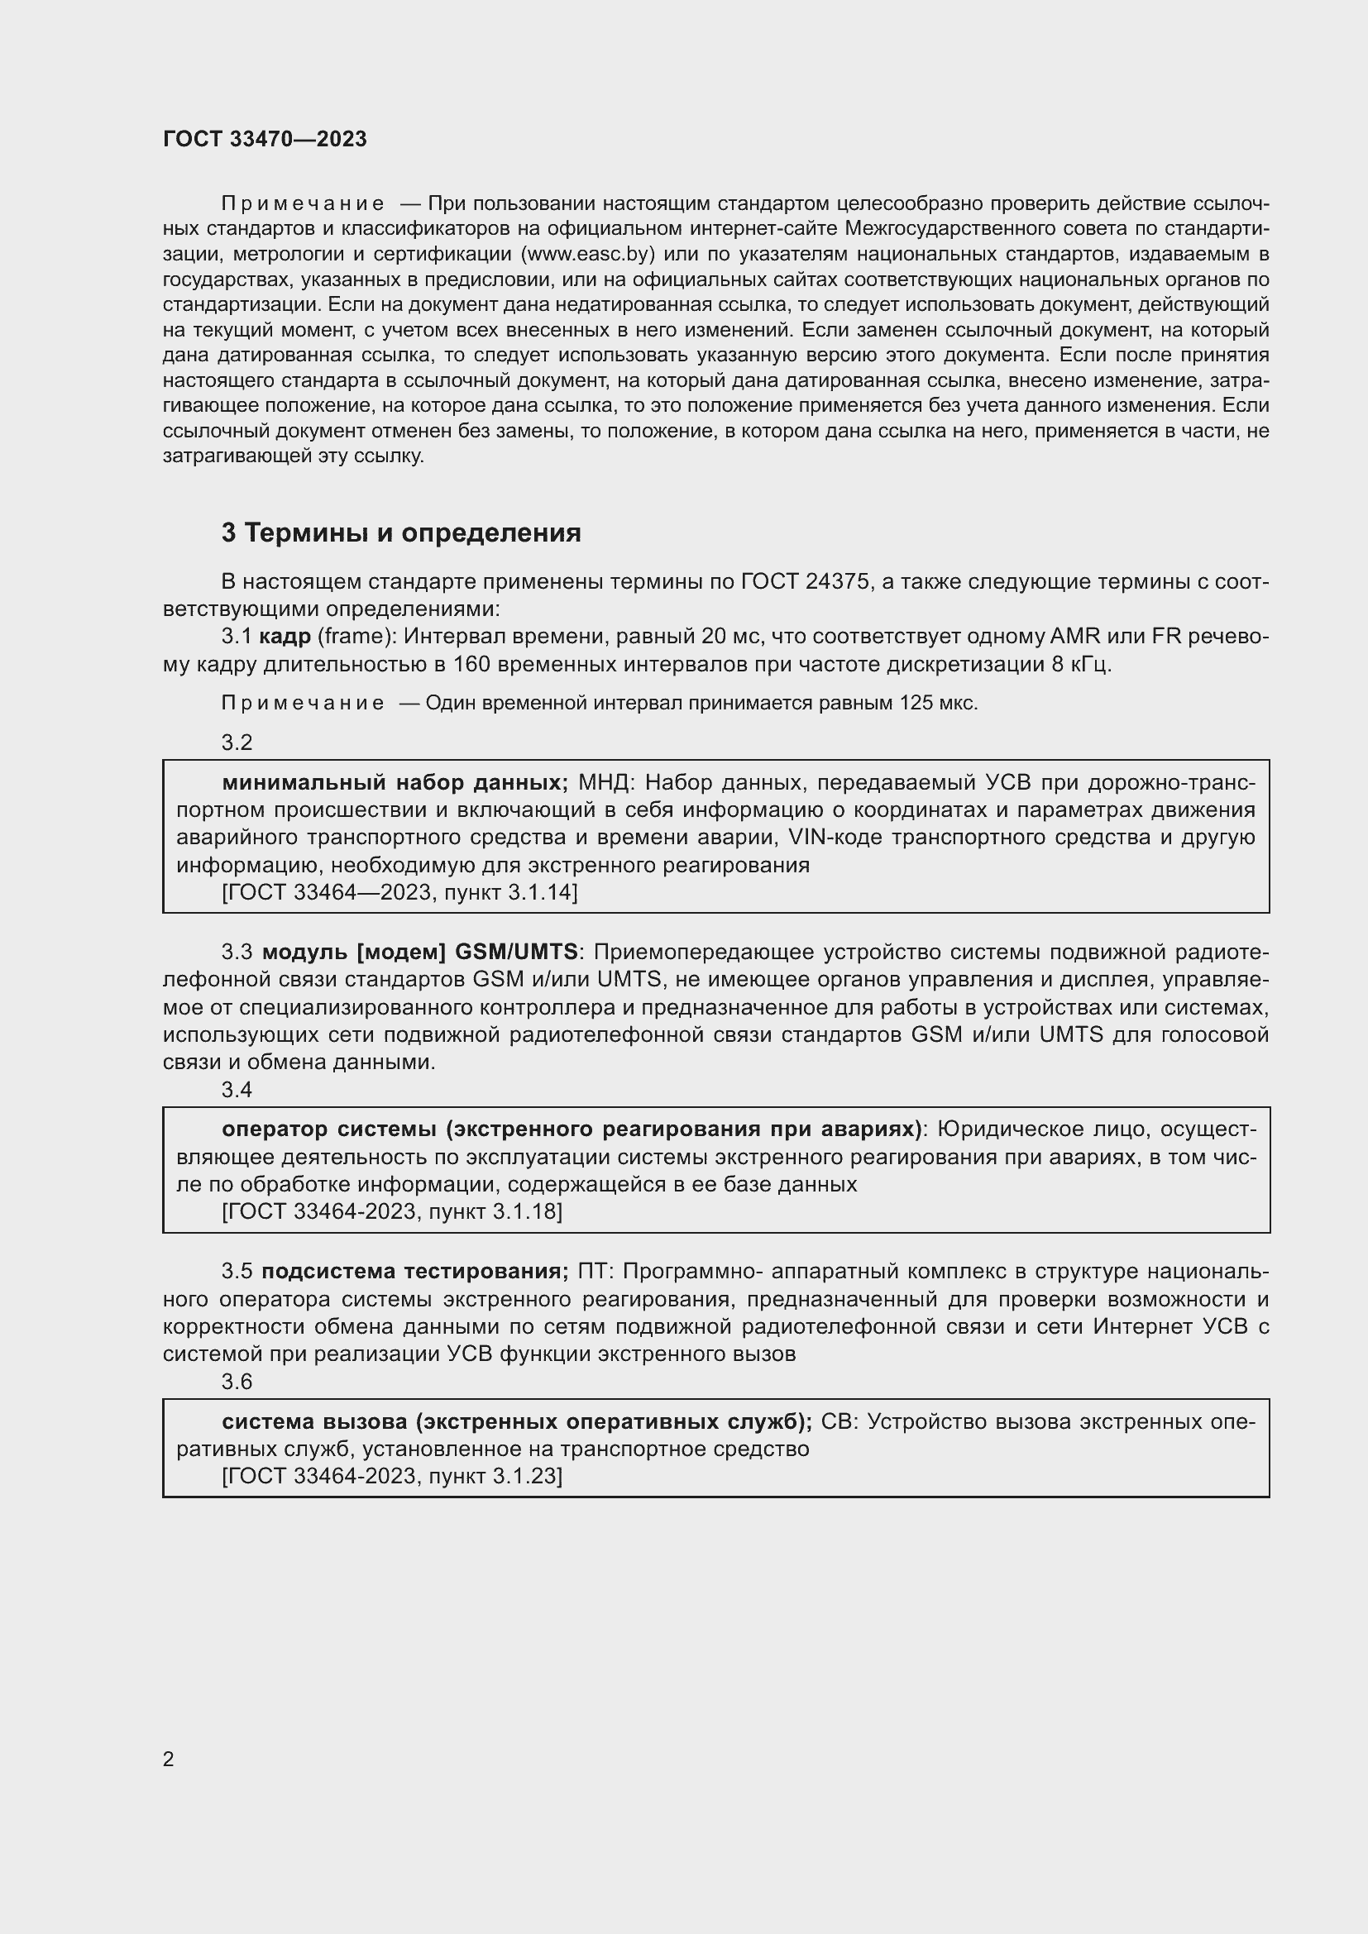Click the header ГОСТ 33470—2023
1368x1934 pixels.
(265, 139)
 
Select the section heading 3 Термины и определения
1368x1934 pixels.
(401, 533)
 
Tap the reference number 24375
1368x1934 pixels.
(837, 582)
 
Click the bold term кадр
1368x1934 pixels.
(285, 637)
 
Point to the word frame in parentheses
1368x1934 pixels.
(354, 637)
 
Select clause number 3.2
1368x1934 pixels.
(237, 742)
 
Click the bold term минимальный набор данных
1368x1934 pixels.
(395, 782)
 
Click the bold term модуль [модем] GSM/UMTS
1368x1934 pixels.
(419, 953)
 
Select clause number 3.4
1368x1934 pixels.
(237, 1090)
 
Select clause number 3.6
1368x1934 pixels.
(237, 1382)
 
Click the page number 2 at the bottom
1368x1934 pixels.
(169, 1760)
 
